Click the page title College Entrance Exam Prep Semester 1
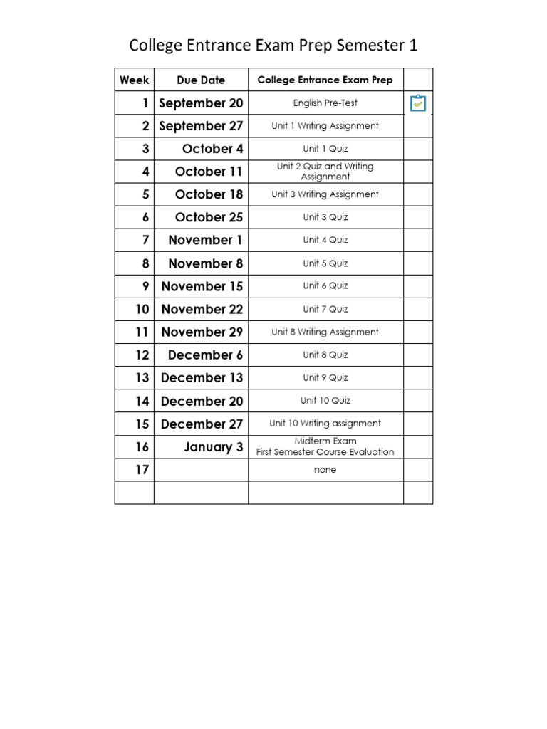[273, 46]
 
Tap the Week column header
[134, 80]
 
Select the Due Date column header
[201, 80]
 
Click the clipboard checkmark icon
[418, 104]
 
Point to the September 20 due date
[201, 103]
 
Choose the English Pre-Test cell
[325, 103]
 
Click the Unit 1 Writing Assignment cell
[325, 126]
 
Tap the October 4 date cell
[212, 149]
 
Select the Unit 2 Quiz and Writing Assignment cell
[325, 172]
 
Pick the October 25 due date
[209, 217]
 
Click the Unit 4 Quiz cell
[325, 240]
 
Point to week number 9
[145, 286]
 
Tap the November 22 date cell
[202, 309]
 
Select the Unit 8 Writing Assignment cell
[325, 332]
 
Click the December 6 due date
[205, 355]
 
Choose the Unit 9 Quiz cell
[325, 377]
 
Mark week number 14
[142, 401]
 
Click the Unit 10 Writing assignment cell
[325, 424]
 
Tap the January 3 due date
[213, 447]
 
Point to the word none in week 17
[325, 470]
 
